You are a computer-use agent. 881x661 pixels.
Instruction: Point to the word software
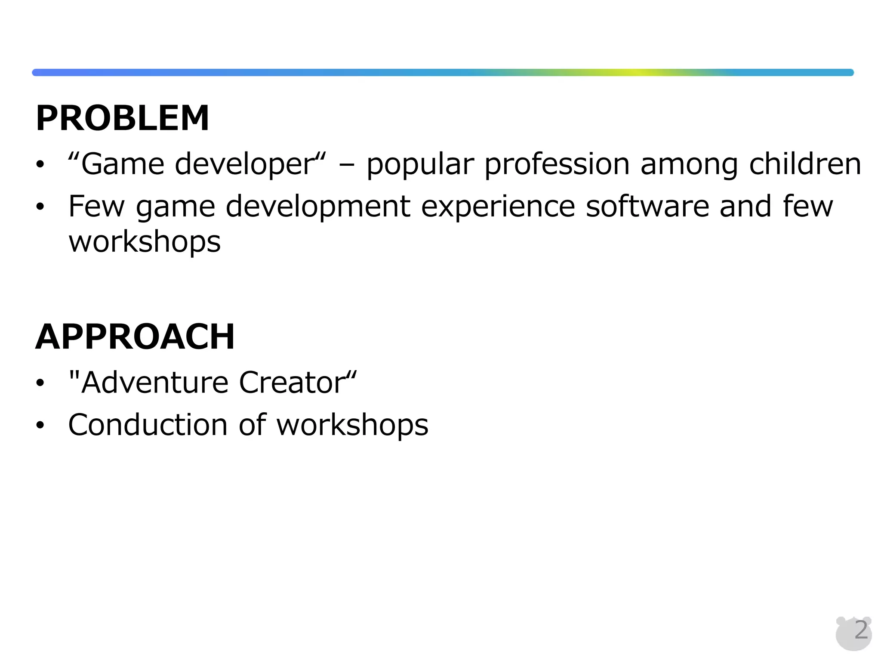(x=647, y=206)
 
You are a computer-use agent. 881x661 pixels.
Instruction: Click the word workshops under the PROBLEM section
(x=145, y=242)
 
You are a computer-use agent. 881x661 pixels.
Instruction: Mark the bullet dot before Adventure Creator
(x=40, y=383)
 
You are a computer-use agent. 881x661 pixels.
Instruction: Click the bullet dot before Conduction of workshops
(x=40, y=425)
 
